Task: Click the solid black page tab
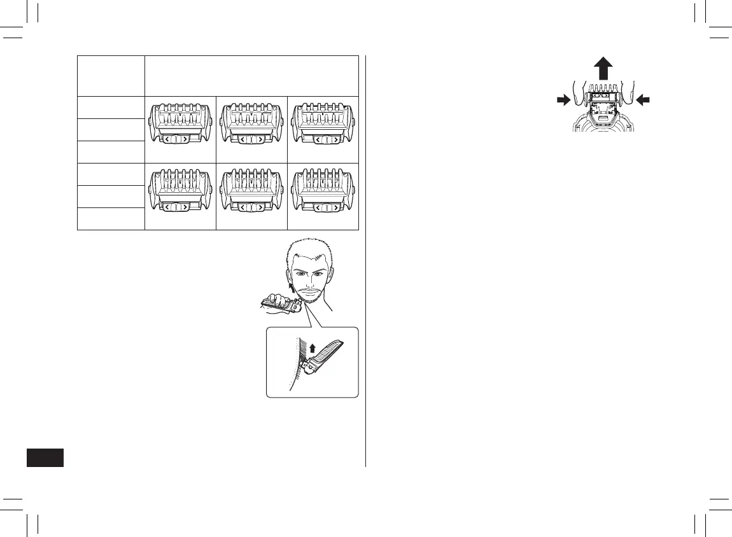click(x=46, y=457)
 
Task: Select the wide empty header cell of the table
click(x=251, y=76)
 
